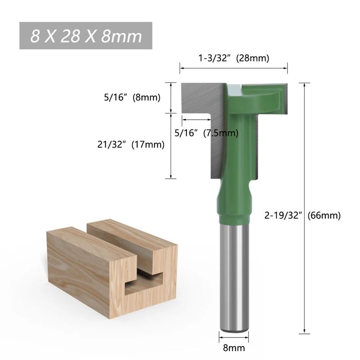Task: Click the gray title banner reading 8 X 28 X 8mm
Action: [85, 36]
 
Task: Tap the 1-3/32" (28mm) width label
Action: [234, 58]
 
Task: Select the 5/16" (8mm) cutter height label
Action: [132, 97]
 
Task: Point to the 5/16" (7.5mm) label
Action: [207, 133]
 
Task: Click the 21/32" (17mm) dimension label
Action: [131, 144]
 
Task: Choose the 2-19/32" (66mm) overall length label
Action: [302, 216]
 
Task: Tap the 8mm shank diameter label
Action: [234, 348]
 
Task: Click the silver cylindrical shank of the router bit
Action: [234, 277]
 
